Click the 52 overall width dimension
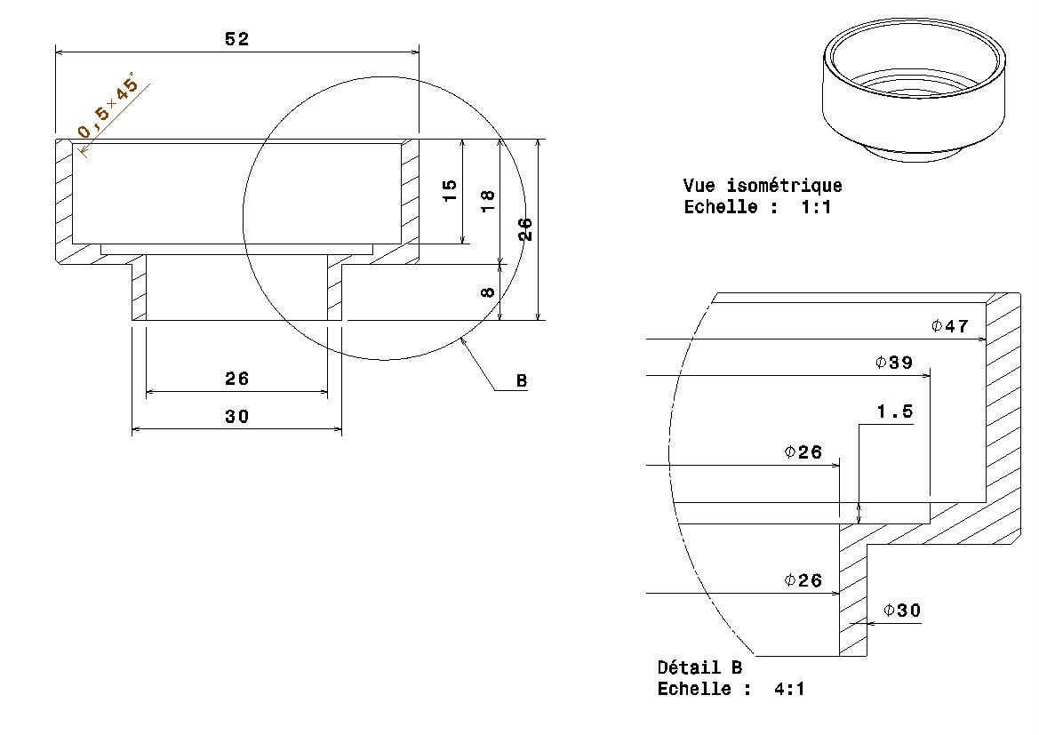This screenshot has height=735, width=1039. coord(237,39)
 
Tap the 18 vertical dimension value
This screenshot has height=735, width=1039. coord(488,201)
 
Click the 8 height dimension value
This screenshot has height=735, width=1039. coord(488,292)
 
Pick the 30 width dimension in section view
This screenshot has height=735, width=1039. coord(237,416)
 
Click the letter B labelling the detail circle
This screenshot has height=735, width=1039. coord(522,381)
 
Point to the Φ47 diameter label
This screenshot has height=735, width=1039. coord(949,326)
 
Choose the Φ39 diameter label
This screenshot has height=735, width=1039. coord(893,363)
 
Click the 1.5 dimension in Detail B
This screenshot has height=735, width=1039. coord(894,412)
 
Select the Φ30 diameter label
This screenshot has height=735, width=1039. coord(901,611)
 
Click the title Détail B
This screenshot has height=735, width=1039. coord(699,667)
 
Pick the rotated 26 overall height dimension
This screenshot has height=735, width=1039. coord(525,229)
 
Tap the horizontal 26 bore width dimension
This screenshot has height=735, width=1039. coord(237,379)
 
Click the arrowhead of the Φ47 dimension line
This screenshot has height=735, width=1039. coord(982,339)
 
